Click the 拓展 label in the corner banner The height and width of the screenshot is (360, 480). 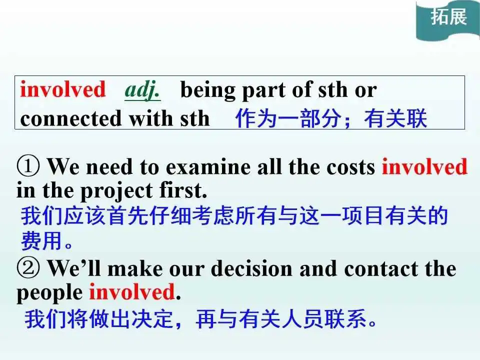coord(449,16)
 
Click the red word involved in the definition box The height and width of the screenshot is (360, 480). coord(63,89)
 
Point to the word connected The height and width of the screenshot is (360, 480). coord(70,118)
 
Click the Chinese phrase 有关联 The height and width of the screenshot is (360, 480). coord(395,118)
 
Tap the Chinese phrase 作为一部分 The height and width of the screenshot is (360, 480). coord(288,118)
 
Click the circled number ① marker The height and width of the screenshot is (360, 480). coord(28,166)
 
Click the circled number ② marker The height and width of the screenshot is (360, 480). coord(28,268)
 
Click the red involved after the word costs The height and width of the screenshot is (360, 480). coord(424,167)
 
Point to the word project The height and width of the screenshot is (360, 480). coord(116,191)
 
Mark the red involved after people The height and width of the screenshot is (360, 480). coord(132,291)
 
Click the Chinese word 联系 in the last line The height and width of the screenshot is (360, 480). coord(345,318)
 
